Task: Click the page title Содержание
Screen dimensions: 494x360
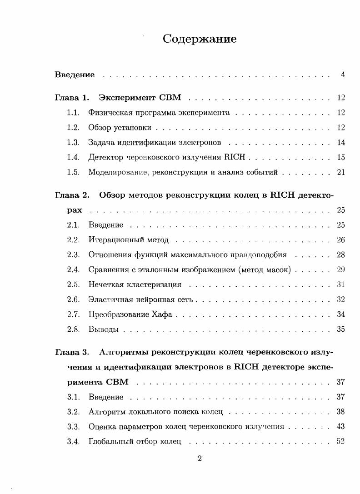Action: pyautogui.click(x=200, y=39)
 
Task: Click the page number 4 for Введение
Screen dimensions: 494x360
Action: pyautogui.click(x=343, y=75)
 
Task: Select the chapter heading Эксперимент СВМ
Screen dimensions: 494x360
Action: pyautogui.click(x=140, y=98)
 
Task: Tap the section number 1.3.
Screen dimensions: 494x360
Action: pyautogui.click(x=73, y=143)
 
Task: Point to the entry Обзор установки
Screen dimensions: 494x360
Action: pyautogui.click(x=120, y=128)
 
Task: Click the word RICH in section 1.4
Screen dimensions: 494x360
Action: pyautogui.click(x=235, y=157)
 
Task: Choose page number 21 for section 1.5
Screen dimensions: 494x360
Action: pyautogui.click(x=341, y=172)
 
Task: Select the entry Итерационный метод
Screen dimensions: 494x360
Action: pyautogui.click(x=128, y=240)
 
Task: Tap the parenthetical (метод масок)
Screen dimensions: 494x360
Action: pyautogui.click(x=264, y=270)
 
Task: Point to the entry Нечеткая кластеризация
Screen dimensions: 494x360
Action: pyautogui.click(x=135, y=285)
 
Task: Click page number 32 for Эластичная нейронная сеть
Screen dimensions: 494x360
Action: pyautogui.click(x=341, y=299)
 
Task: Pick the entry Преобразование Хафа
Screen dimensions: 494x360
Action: pyautogui.click(x=130, y=314)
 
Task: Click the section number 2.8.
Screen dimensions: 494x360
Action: pyautogui.click(x=73, y=329)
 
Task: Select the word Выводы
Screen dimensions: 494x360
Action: pyautogui.click(x=103, y=329)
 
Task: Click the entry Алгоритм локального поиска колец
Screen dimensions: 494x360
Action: pyautogui.click(x=155, y=412)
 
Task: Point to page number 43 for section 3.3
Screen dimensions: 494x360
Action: pyautogui.click(x=341, y=427)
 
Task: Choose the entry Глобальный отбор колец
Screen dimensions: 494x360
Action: pyautogui.click(x=135, y=442)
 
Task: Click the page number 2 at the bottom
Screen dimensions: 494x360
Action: pyautogui.click(x=200, y=459)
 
